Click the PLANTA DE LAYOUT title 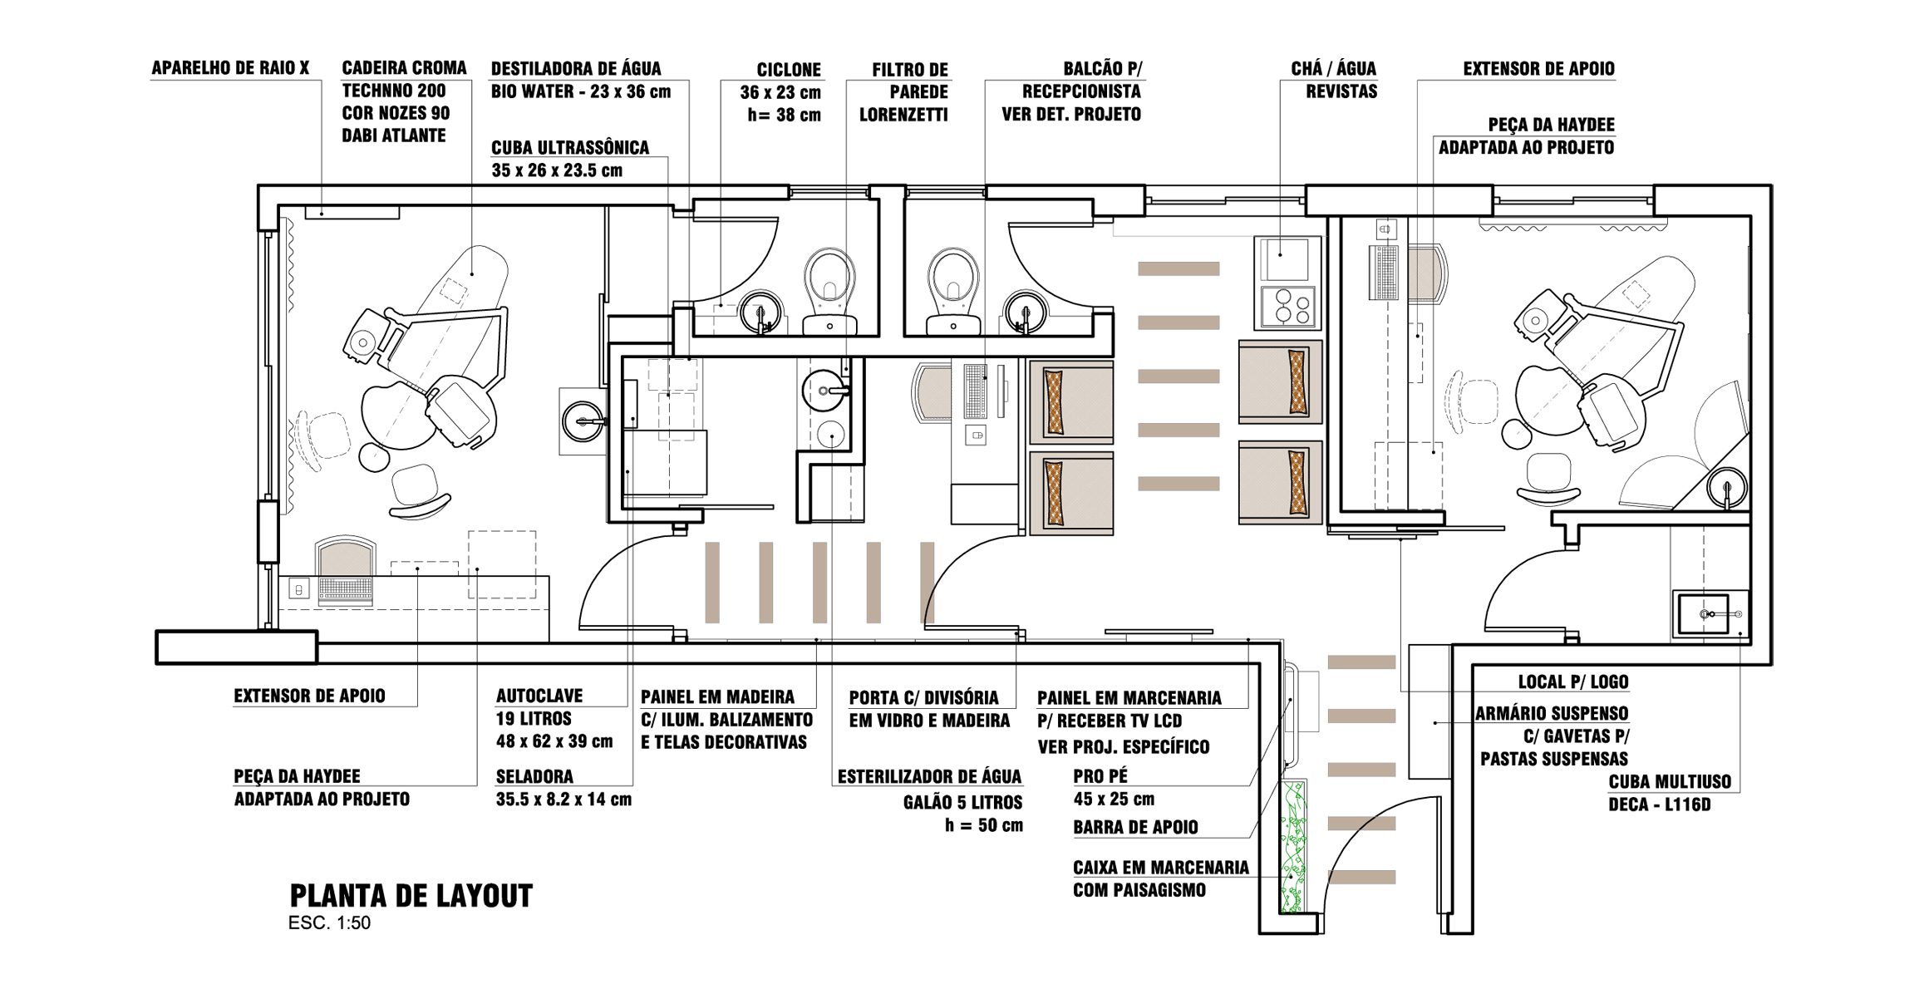(x=411, y=896)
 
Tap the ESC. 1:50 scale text (x=329, y=923)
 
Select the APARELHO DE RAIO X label (x=230, y=68)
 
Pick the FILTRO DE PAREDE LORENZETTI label (x=903, y=92)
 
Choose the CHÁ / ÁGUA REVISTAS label (x=1334, y=80)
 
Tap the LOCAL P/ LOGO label (x=1573, y=682)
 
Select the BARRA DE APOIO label (x=1135, y=827)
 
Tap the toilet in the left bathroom (x=829, y=291)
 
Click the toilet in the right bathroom (x=953, y=291)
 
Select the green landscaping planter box (x=1293, y=846)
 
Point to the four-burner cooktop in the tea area (x=1287, y=306)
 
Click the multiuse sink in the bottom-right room (x=1710, y=613)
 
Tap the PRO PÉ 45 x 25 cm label (x=1114, y=787)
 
